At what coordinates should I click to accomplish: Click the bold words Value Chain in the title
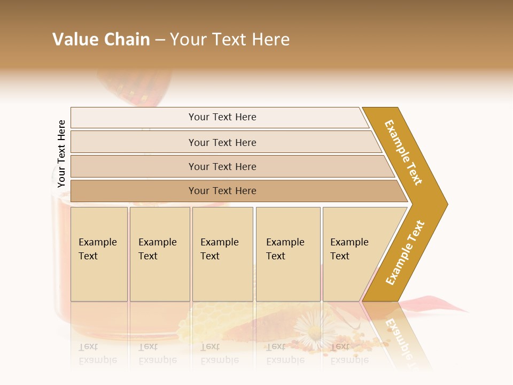tap(101, 40)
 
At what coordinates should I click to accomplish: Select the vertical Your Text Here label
tap(61, 154)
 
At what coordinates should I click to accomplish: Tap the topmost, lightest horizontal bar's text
tap(222, 117)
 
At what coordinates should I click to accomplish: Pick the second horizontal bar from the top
tap(222, 142)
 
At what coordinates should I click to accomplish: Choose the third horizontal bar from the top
tap(222, 166)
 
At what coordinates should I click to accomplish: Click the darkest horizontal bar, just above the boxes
tap(222, 191)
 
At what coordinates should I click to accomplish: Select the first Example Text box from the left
tap(99, 253)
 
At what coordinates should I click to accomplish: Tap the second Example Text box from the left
tap(159, 253)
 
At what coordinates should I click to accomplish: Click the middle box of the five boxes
tap(222, 253)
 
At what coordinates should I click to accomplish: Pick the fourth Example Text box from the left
tap(287, 253)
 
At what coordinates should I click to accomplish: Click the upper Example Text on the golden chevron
tap(403, 152)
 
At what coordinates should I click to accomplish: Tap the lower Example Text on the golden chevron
tap(405, 253)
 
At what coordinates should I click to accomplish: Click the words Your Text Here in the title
tap(230, 40)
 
